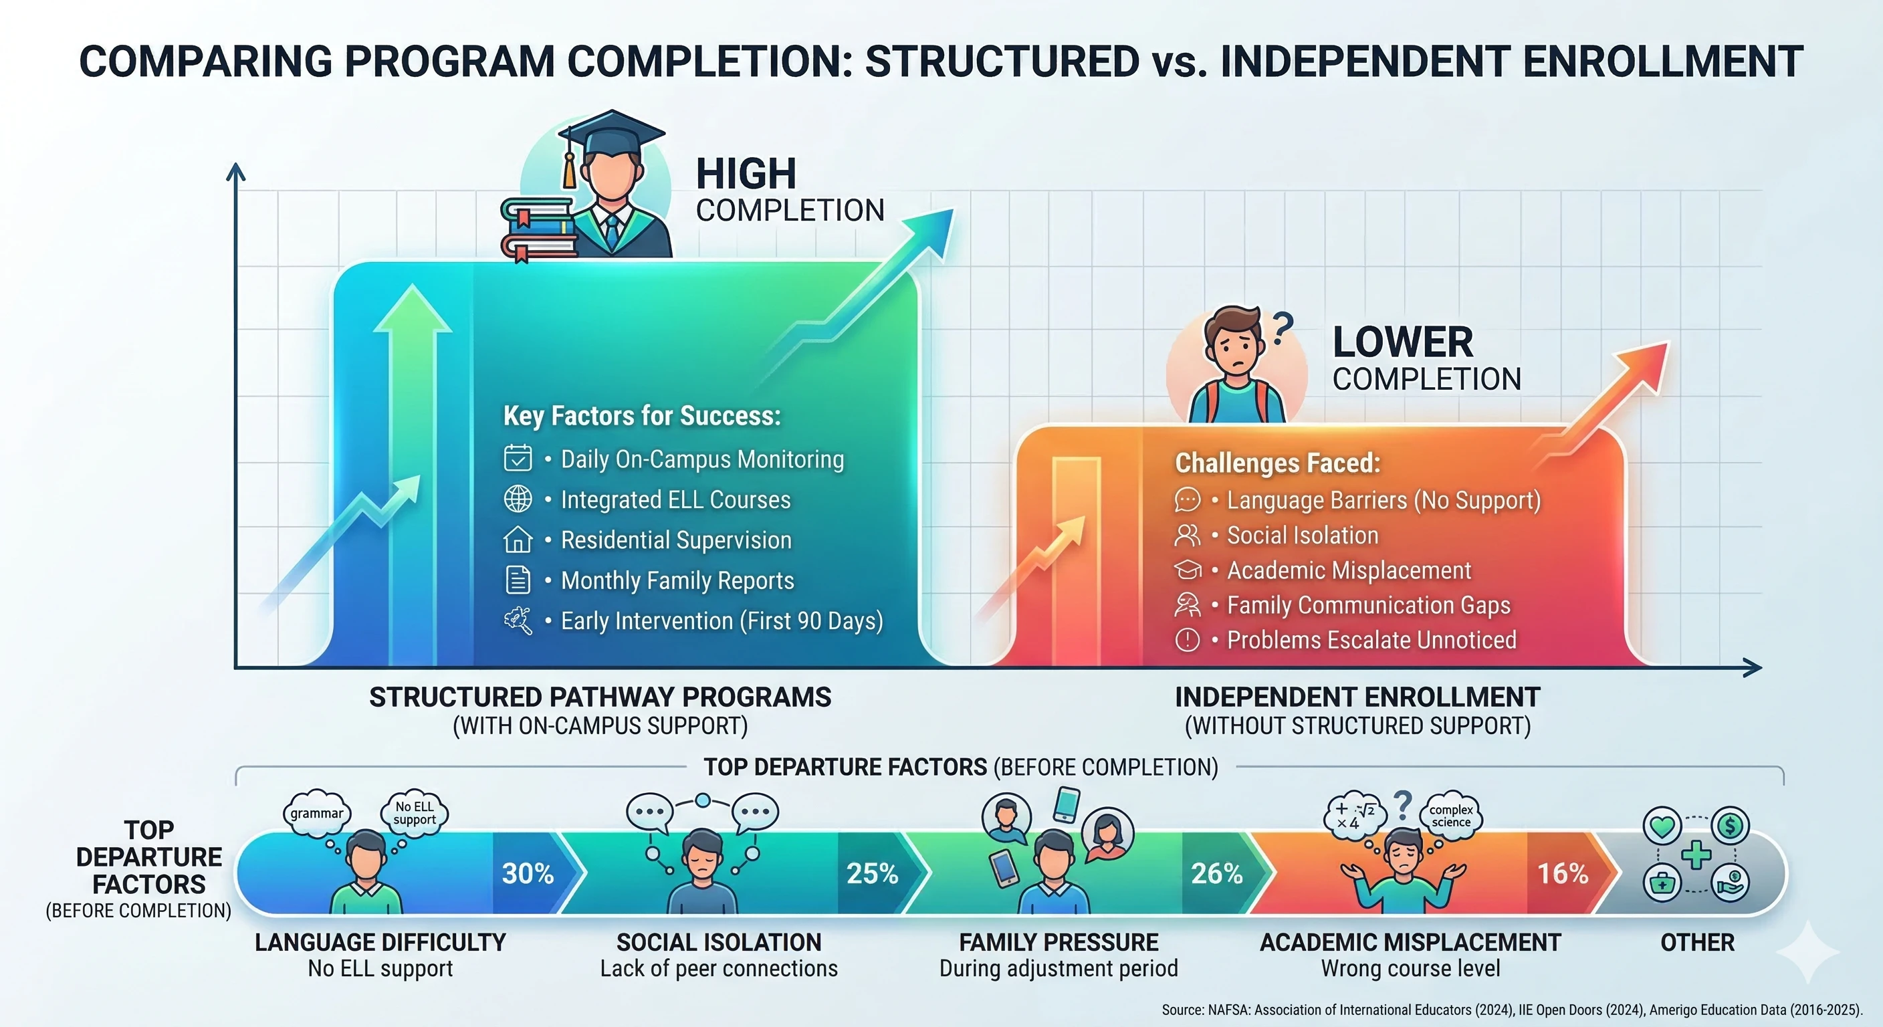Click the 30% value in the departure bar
[x=528, y=873]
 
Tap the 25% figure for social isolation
[x=872, y=873]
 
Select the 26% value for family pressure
[x=1217, y=873]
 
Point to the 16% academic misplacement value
[x=1563, y=873]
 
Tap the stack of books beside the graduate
[x=540, y=229]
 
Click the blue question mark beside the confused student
[x=1282, y=328]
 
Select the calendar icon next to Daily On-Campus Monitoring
[x=518, y=458]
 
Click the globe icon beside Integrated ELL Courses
[x=518, y=499]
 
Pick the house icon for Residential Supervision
[x=518, y=540]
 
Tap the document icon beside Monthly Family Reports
[x=518, y=580]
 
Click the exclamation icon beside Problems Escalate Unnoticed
[x=1187, y=640]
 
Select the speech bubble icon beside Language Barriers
[x=1187, y=500]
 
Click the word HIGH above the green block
[x=746, y=174]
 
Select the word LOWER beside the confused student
[x=1403, y=342]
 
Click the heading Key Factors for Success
[x=642, y=416]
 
